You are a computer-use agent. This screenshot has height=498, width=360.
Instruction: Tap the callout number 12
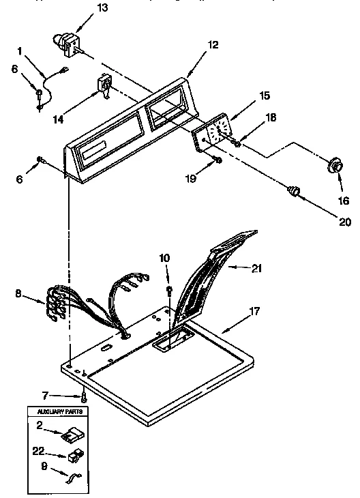point(213,45)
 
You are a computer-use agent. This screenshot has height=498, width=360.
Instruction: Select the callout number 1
point(20,50)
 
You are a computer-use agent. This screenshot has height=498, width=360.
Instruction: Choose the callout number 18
point(270,117)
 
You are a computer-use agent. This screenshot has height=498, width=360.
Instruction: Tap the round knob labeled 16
point(334,168)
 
